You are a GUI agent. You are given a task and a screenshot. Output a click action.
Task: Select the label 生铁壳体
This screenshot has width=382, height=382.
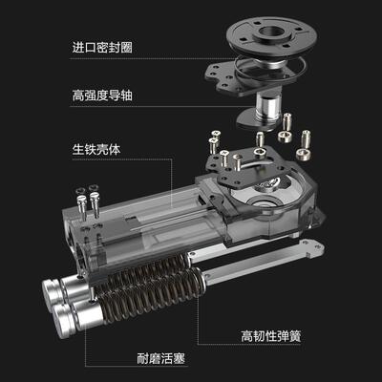tap(93, 149)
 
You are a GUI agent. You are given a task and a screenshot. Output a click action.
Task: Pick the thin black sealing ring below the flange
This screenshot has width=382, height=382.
tap(277, 65)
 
